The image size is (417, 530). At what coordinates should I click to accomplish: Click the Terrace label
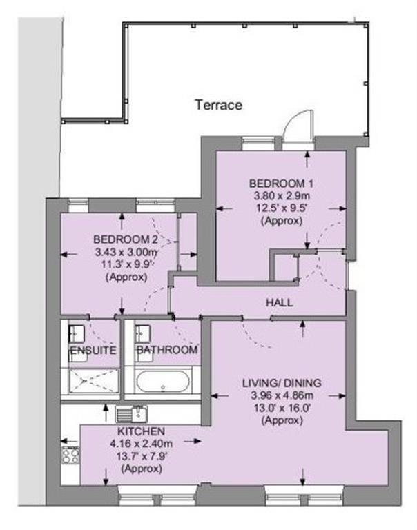(218, 106)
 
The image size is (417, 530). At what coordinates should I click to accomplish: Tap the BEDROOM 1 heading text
(281, 184)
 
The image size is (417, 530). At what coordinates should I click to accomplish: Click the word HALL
(279, 303)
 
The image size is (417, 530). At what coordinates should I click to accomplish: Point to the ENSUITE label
(92, 351)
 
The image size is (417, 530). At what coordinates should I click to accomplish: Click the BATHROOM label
(166, 351)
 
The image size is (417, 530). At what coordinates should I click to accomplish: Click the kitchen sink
(133, 415)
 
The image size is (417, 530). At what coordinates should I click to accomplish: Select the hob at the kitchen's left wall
(70, 455)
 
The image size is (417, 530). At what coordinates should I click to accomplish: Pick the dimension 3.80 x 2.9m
(281, 196)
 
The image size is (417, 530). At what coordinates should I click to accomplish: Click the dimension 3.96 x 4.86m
(281, 395)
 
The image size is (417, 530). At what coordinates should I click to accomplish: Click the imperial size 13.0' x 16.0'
(281, 408)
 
